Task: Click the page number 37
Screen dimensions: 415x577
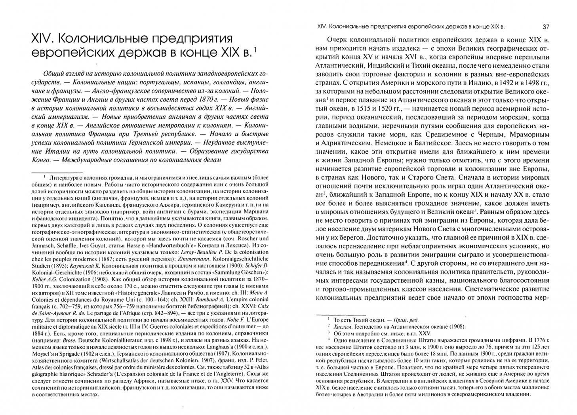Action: coord(545,27)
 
